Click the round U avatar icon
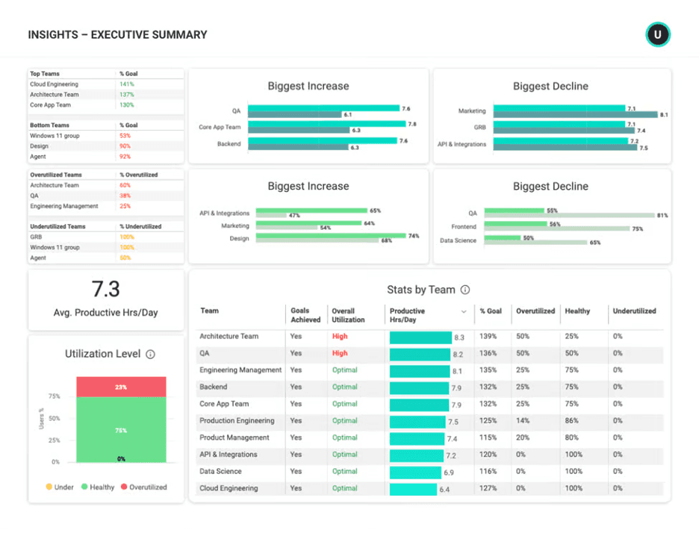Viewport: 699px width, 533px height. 658,34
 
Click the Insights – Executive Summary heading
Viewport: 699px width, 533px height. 117,34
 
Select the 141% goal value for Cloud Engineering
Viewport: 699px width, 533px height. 126,84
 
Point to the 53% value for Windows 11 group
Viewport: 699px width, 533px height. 125,136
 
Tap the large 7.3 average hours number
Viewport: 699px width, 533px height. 105,289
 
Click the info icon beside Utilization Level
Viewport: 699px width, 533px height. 150,355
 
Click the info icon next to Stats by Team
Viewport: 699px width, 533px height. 465,290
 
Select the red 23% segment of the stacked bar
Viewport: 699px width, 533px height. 121,387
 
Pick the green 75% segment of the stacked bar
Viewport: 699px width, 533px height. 121,430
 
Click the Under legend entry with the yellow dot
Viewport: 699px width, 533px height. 59,487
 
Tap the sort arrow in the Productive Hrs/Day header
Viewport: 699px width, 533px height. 464,311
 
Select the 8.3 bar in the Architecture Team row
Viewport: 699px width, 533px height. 420,337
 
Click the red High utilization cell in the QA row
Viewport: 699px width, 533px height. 340,353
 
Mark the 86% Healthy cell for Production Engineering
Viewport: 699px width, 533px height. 571,421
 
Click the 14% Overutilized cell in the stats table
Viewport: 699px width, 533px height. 522,421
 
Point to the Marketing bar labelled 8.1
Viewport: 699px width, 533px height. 575,115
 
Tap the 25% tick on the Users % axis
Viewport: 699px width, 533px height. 55,440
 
